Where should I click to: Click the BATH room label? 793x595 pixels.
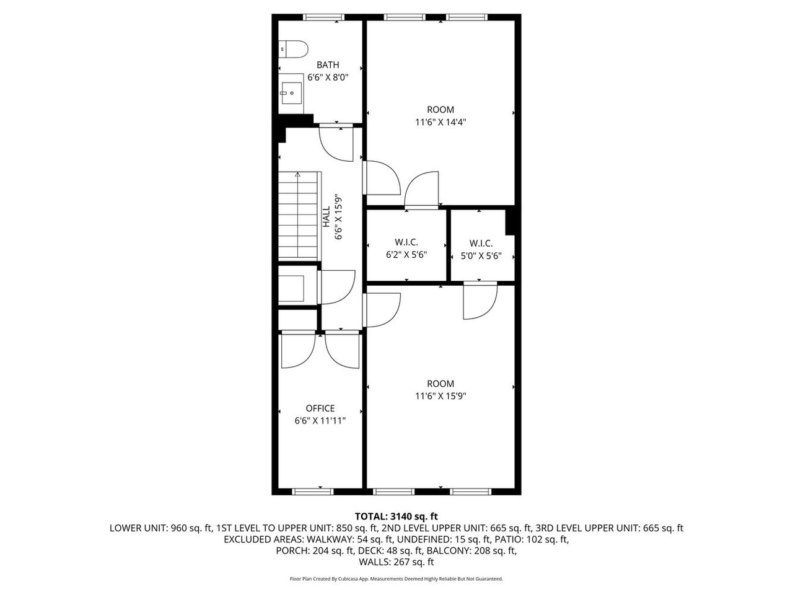[x=328, y=65]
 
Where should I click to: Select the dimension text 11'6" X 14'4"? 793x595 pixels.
[x=440, y=122]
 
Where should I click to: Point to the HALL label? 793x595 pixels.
[x=326, y=217]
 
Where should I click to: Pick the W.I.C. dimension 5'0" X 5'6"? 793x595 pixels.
[x=481, y=255]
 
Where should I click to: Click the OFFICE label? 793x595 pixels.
[x=320, y=408]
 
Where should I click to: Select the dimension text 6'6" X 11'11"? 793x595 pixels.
[x=320, y=420]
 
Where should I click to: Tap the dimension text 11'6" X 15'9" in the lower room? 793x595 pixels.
[x=440, y=396]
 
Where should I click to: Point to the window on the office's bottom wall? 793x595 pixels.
[x=312, y=491]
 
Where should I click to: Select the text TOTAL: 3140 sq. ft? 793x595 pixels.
[x=396, y=516]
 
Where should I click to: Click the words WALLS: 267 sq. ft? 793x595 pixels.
[x=396, y=562]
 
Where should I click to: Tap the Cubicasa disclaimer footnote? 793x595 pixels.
[x=396, y=579]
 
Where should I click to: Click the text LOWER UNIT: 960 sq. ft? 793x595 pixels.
[x=160, y=528]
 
